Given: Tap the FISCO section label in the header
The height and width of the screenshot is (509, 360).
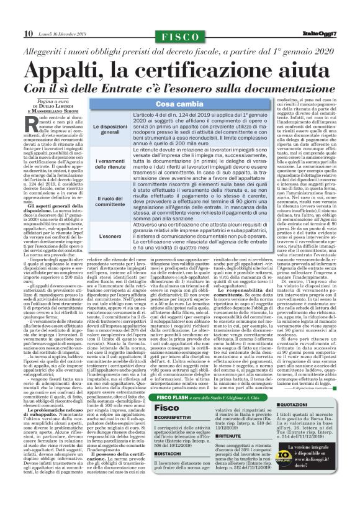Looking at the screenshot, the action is (180, 37).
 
